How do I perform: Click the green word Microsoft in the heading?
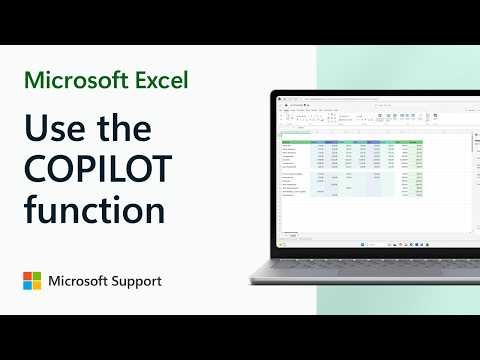point(83,79)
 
